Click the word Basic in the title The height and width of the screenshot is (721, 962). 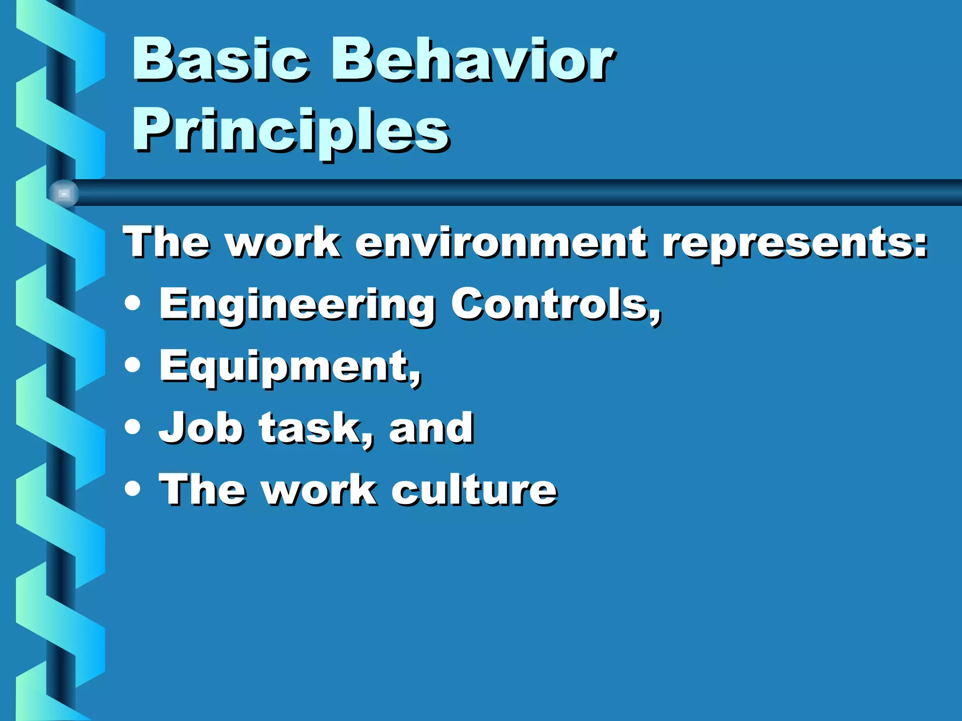click(221, 60)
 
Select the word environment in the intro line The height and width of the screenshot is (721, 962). click(501, 243)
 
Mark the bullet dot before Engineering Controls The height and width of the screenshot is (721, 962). click(133, 303)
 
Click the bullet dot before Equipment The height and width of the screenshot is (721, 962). click(133, 365)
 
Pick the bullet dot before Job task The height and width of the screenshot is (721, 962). click(133, 427)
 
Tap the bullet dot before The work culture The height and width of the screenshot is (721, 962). click(133, 488)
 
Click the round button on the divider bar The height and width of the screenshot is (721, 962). click(64, 193)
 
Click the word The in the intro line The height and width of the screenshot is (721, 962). click(166, 243)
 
